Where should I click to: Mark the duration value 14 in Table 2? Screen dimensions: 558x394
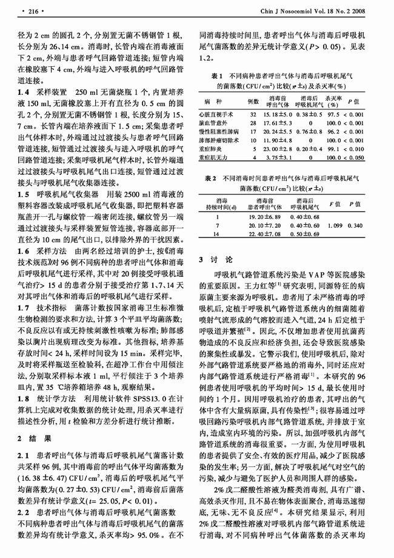225,234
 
